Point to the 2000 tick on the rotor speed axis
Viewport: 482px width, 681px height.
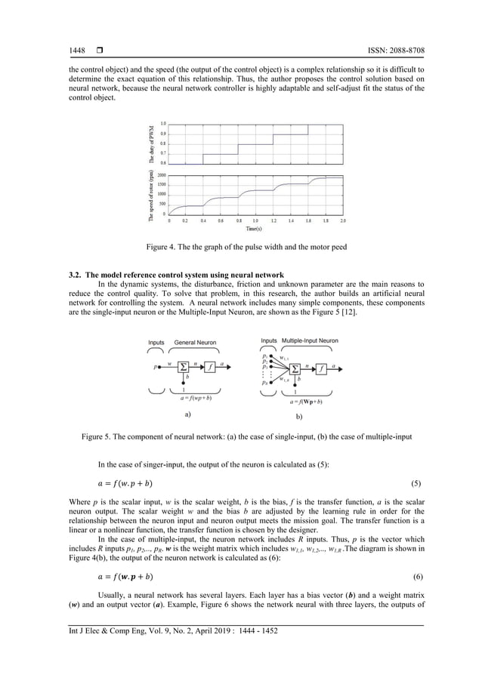click(162, 174)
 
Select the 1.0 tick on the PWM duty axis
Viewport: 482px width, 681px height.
click(163, 124)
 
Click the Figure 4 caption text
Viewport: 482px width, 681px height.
click(241, 247)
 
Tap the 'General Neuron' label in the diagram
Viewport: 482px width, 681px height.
click(196, 342)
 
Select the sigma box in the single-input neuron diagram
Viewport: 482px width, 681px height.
click(183, 365)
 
